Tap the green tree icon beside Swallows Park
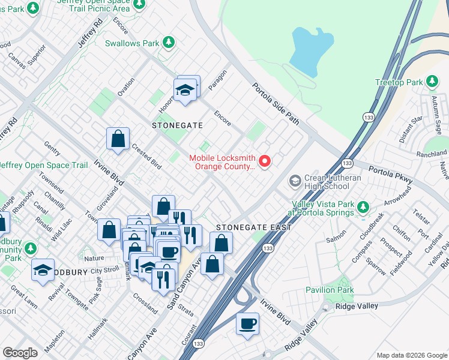169,43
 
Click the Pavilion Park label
346,290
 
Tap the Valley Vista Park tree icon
363,208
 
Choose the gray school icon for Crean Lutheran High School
295,180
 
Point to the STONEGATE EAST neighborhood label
253,227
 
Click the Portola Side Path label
276,103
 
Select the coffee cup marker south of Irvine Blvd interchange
247,324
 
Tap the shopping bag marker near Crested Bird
118,139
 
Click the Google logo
20,352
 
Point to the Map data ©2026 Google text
411,355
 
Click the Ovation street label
125,86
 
